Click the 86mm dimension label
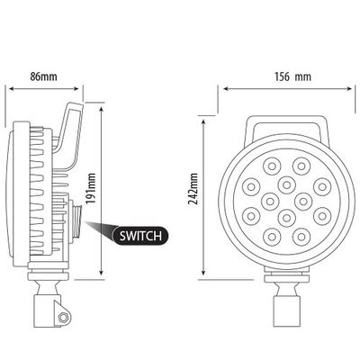[x=43, y=76]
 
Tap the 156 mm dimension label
[x=292, y=76]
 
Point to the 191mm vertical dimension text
[x=91, y=188]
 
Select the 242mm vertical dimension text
[x=193, y=189]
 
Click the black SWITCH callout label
[x=140, y=236]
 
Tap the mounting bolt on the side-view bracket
[x=63, y=318]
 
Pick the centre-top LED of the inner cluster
[x=287, y=185]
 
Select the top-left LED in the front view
[x=273, y=166]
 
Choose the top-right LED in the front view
[x=301, y=166]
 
